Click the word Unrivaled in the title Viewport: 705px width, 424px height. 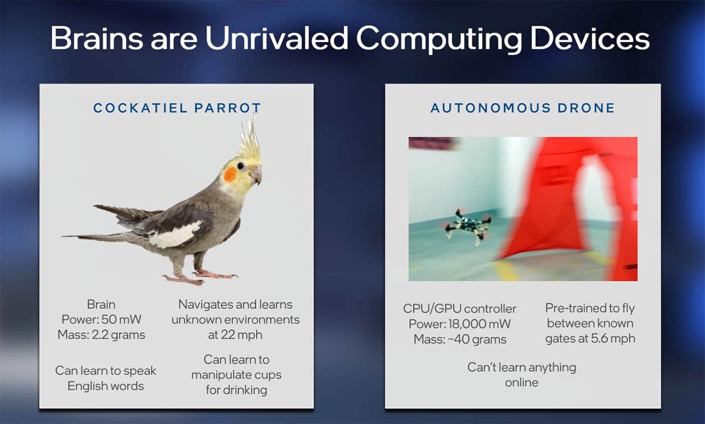pyautogui.click(x=277, y=38)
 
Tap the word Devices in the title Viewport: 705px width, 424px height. pyautogui.click(x=590, y=38)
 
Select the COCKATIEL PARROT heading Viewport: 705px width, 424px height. pyautogui.click(x=177, y=108)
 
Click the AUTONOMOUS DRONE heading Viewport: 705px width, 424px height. pyautogui.click(x=523, y=108)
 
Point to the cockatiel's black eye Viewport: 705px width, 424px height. pyautogui.click(x=240, y=166)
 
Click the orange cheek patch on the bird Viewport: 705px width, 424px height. pyautogui.click(x=230, y=174)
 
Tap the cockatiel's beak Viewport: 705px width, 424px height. pyautogui.click(x=255, y=175)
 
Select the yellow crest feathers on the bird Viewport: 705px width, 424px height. pyautogui.click(x=250, y=141)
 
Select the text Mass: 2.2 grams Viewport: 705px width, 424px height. pyautogui.click(x=102, y=335)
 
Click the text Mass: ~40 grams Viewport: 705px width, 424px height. pyautogui.click(x=460, y=339)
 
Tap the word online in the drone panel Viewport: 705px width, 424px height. pyautogui.click(x=521, y=383)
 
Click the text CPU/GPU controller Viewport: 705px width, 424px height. pyautogui.click(x=460, y=309)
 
